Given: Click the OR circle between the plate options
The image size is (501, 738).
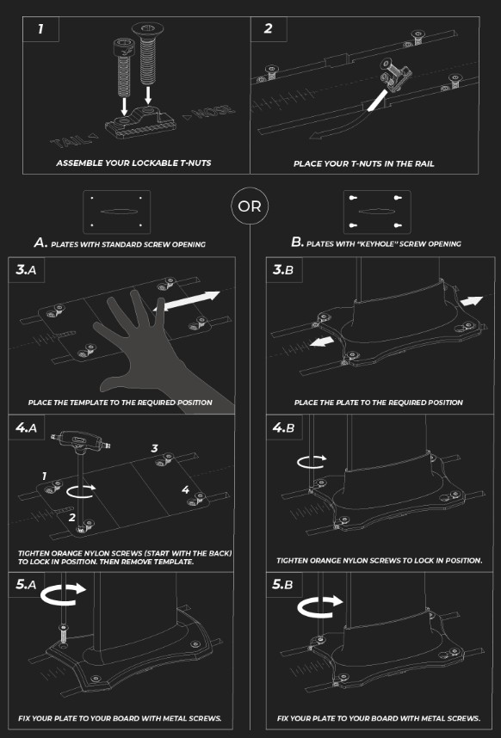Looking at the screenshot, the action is (250, 206).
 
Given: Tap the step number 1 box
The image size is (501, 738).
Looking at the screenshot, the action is (41, 29).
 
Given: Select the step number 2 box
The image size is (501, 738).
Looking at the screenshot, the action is (269, 29).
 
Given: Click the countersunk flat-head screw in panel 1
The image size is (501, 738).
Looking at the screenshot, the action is (148, 54).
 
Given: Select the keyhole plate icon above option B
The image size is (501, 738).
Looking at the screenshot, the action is (377, 212).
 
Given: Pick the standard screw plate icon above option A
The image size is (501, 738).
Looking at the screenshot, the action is (116, 212).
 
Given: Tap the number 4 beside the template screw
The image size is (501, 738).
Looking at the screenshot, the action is (186, 490).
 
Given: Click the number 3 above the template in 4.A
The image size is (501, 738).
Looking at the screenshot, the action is (154, 448).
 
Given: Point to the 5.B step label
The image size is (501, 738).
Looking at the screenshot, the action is (283, 585).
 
